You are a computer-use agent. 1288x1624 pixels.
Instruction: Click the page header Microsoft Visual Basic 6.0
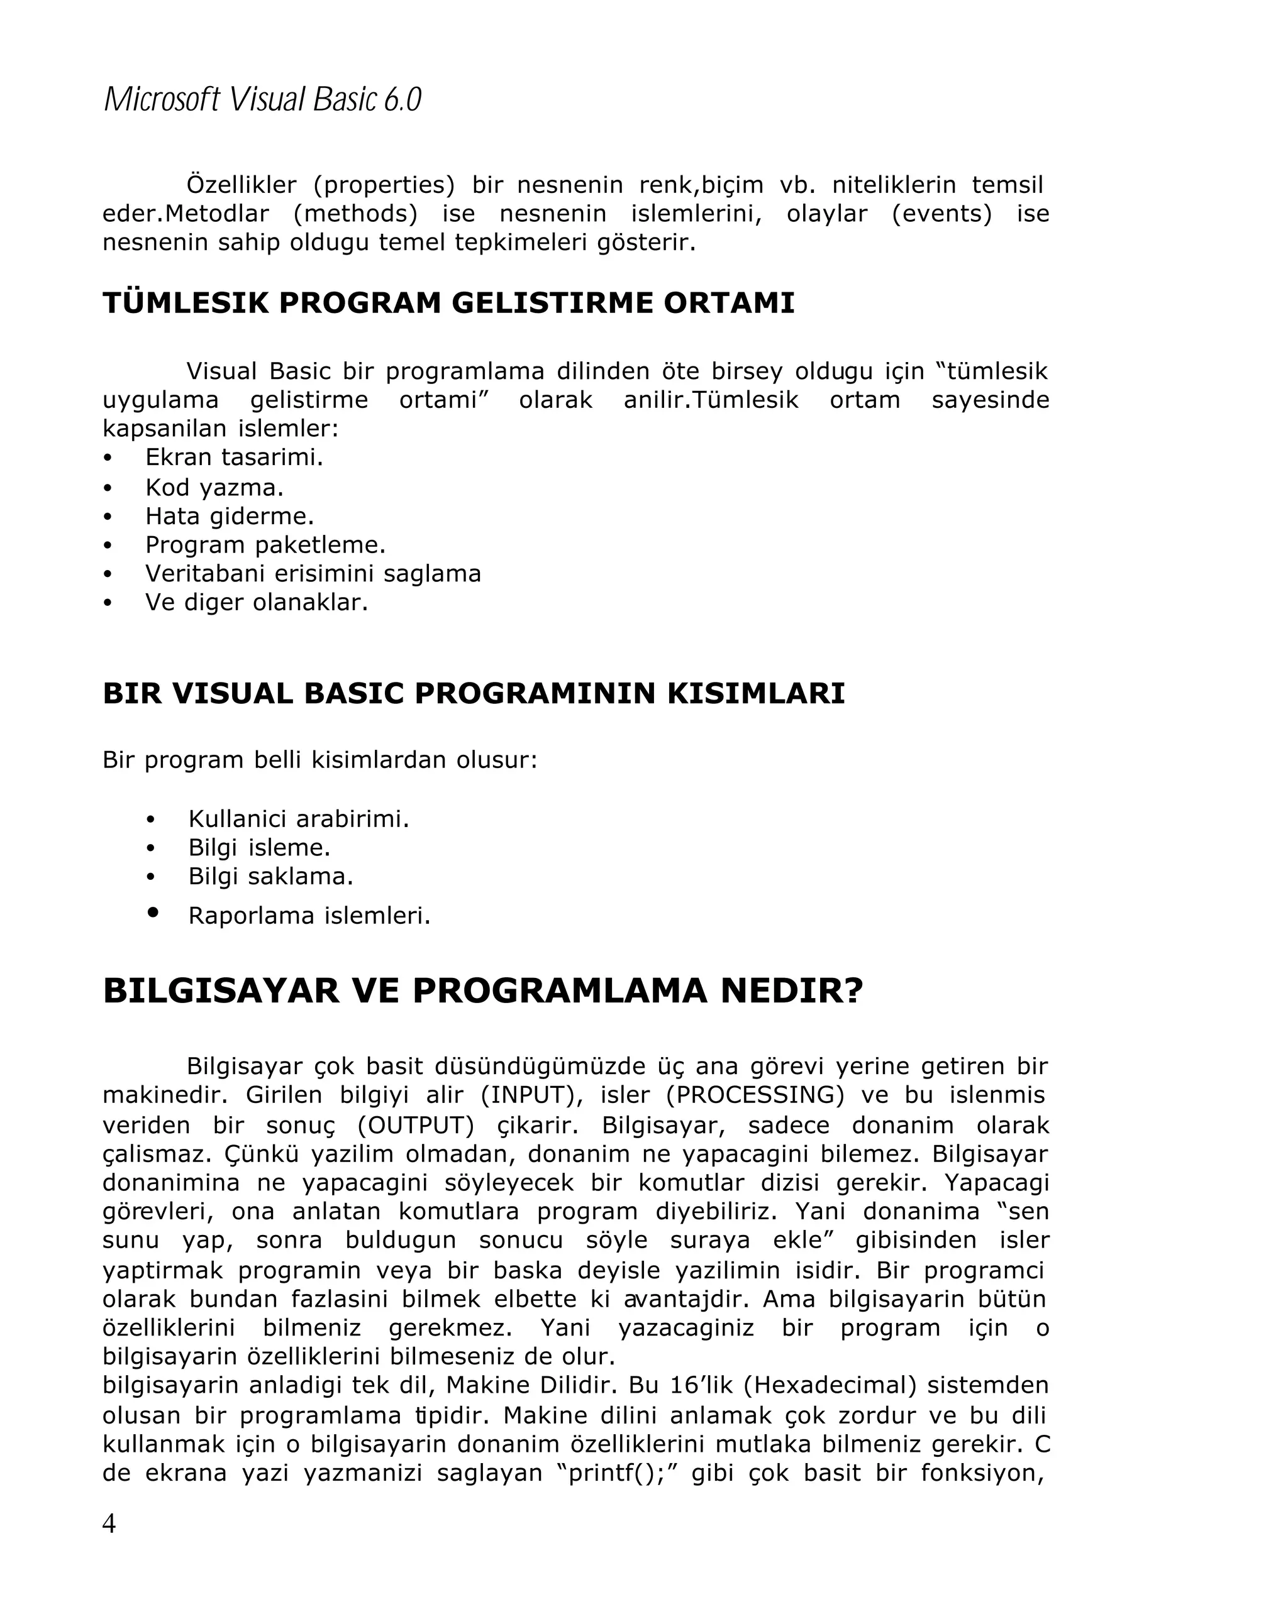point(262,100)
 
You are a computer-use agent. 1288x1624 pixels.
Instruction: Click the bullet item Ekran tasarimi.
point(233,457)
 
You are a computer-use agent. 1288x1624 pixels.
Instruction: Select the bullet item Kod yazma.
point(214,487)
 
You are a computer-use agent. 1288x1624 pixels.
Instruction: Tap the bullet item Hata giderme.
point(229,516)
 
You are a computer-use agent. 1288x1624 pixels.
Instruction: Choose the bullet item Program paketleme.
point(265,545)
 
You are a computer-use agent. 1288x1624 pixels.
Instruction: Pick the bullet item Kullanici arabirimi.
point(299,819)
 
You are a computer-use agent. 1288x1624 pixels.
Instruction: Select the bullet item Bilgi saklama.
point(270,876)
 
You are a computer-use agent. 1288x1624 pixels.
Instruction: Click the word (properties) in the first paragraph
point(384,185)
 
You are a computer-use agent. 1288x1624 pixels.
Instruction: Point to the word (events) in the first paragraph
point(941,214)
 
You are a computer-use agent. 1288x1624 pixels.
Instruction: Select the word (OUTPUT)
point(416,1126)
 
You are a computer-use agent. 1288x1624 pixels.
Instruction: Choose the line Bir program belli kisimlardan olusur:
point(320,759)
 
